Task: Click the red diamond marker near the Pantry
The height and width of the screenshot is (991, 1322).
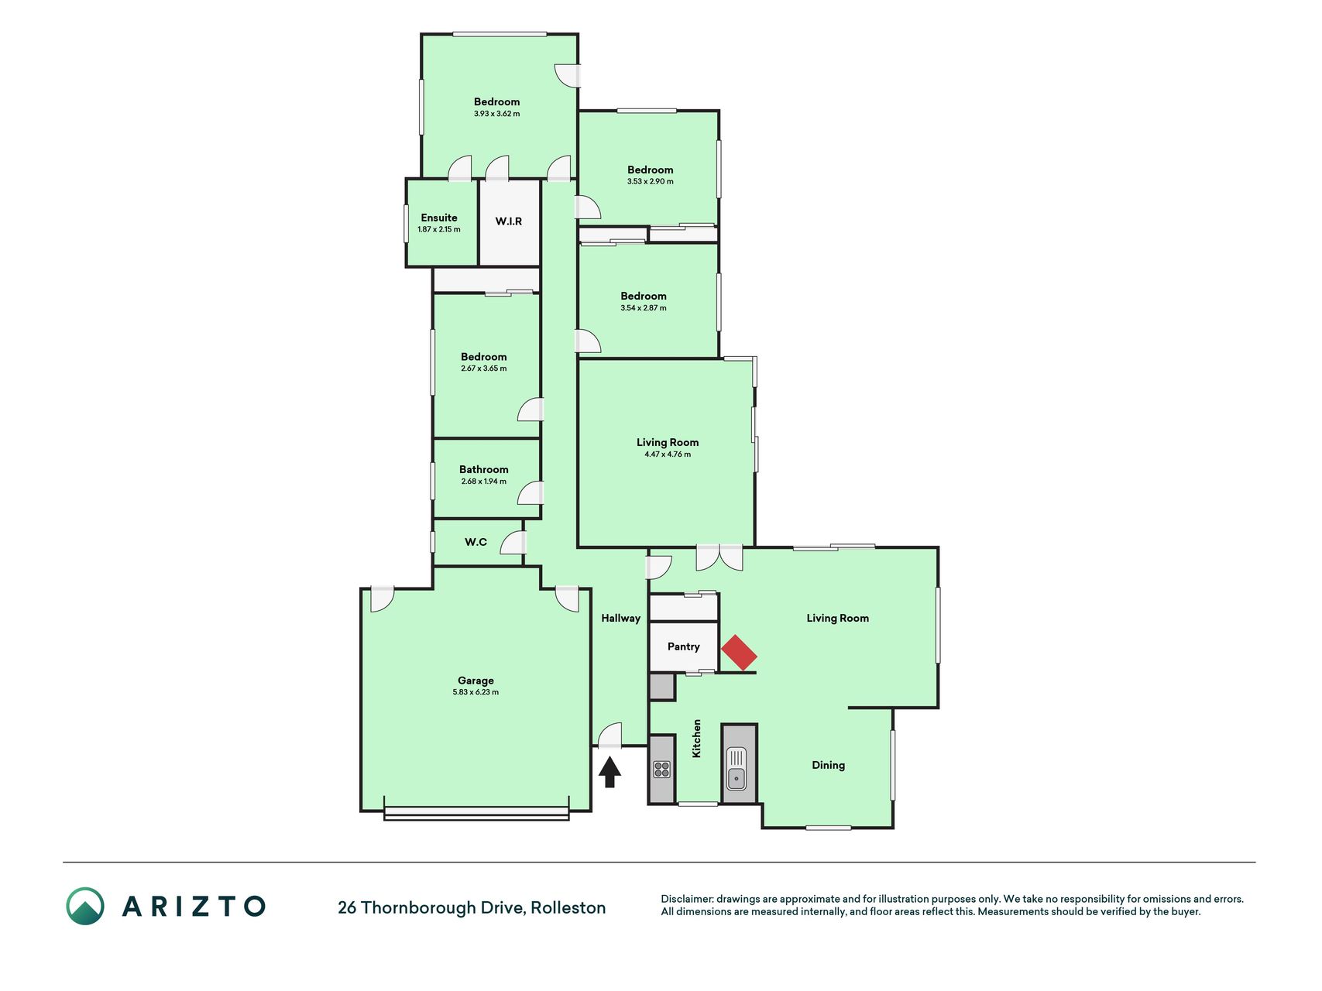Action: click(739, 653)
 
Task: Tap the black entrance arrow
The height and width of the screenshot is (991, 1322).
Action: click(609, 772)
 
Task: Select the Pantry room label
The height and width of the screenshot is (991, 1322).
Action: click(683, 646)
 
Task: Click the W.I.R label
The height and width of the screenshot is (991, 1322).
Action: click(509, 221)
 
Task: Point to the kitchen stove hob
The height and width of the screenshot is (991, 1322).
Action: click(661, 769)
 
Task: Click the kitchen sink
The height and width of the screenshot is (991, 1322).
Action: click(736, 768)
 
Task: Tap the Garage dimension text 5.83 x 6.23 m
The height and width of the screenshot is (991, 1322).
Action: click(476, 692)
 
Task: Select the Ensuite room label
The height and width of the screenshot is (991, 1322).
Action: click(439, 218)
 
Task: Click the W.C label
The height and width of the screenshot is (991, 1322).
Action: click(476, 542)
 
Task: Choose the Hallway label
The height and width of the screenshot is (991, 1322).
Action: click(621, 618)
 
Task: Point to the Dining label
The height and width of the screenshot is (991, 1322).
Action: click(828, 765)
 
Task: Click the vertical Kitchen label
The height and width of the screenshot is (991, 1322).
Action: click(696, 739)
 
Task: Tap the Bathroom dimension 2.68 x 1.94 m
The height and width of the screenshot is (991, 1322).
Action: click(484, 482)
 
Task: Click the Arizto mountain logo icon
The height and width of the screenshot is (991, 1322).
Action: click(85, 906)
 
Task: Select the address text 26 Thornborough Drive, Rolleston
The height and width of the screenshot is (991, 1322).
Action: click(472, 907)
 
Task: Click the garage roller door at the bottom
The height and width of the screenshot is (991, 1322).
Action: click(476, 814)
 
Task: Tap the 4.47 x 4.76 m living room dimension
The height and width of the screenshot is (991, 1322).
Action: click(668, 454)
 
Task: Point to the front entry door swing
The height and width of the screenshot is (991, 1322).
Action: click(611, 735)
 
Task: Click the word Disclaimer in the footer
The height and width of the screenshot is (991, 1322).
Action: click(686, 899)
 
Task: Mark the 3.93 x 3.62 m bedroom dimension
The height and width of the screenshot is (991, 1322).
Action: click(497, 114)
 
